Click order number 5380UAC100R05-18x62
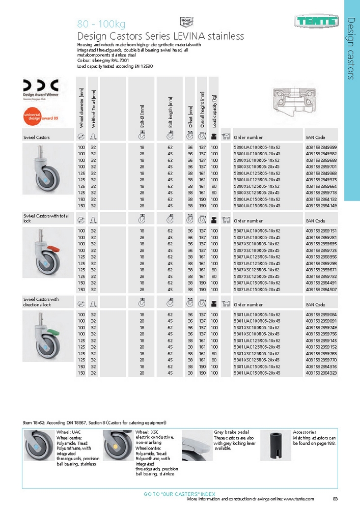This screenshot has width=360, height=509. pos(257,147)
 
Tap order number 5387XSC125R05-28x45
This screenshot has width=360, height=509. pos(257,276)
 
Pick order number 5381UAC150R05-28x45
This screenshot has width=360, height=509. pos(257,373)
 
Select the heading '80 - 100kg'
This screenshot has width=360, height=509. pos(101,24)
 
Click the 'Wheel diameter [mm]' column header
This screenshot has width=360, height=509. pos(81,109)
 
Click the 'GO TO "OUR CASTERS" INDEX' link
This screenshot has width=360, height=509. pos(180,494)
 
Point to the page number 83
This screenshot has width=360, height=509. pos(335,499)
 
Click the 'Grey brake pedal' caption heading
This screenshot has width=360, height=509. pos(230,432)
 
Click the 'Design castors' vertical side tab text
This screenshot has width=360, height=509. pos(351,48)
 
